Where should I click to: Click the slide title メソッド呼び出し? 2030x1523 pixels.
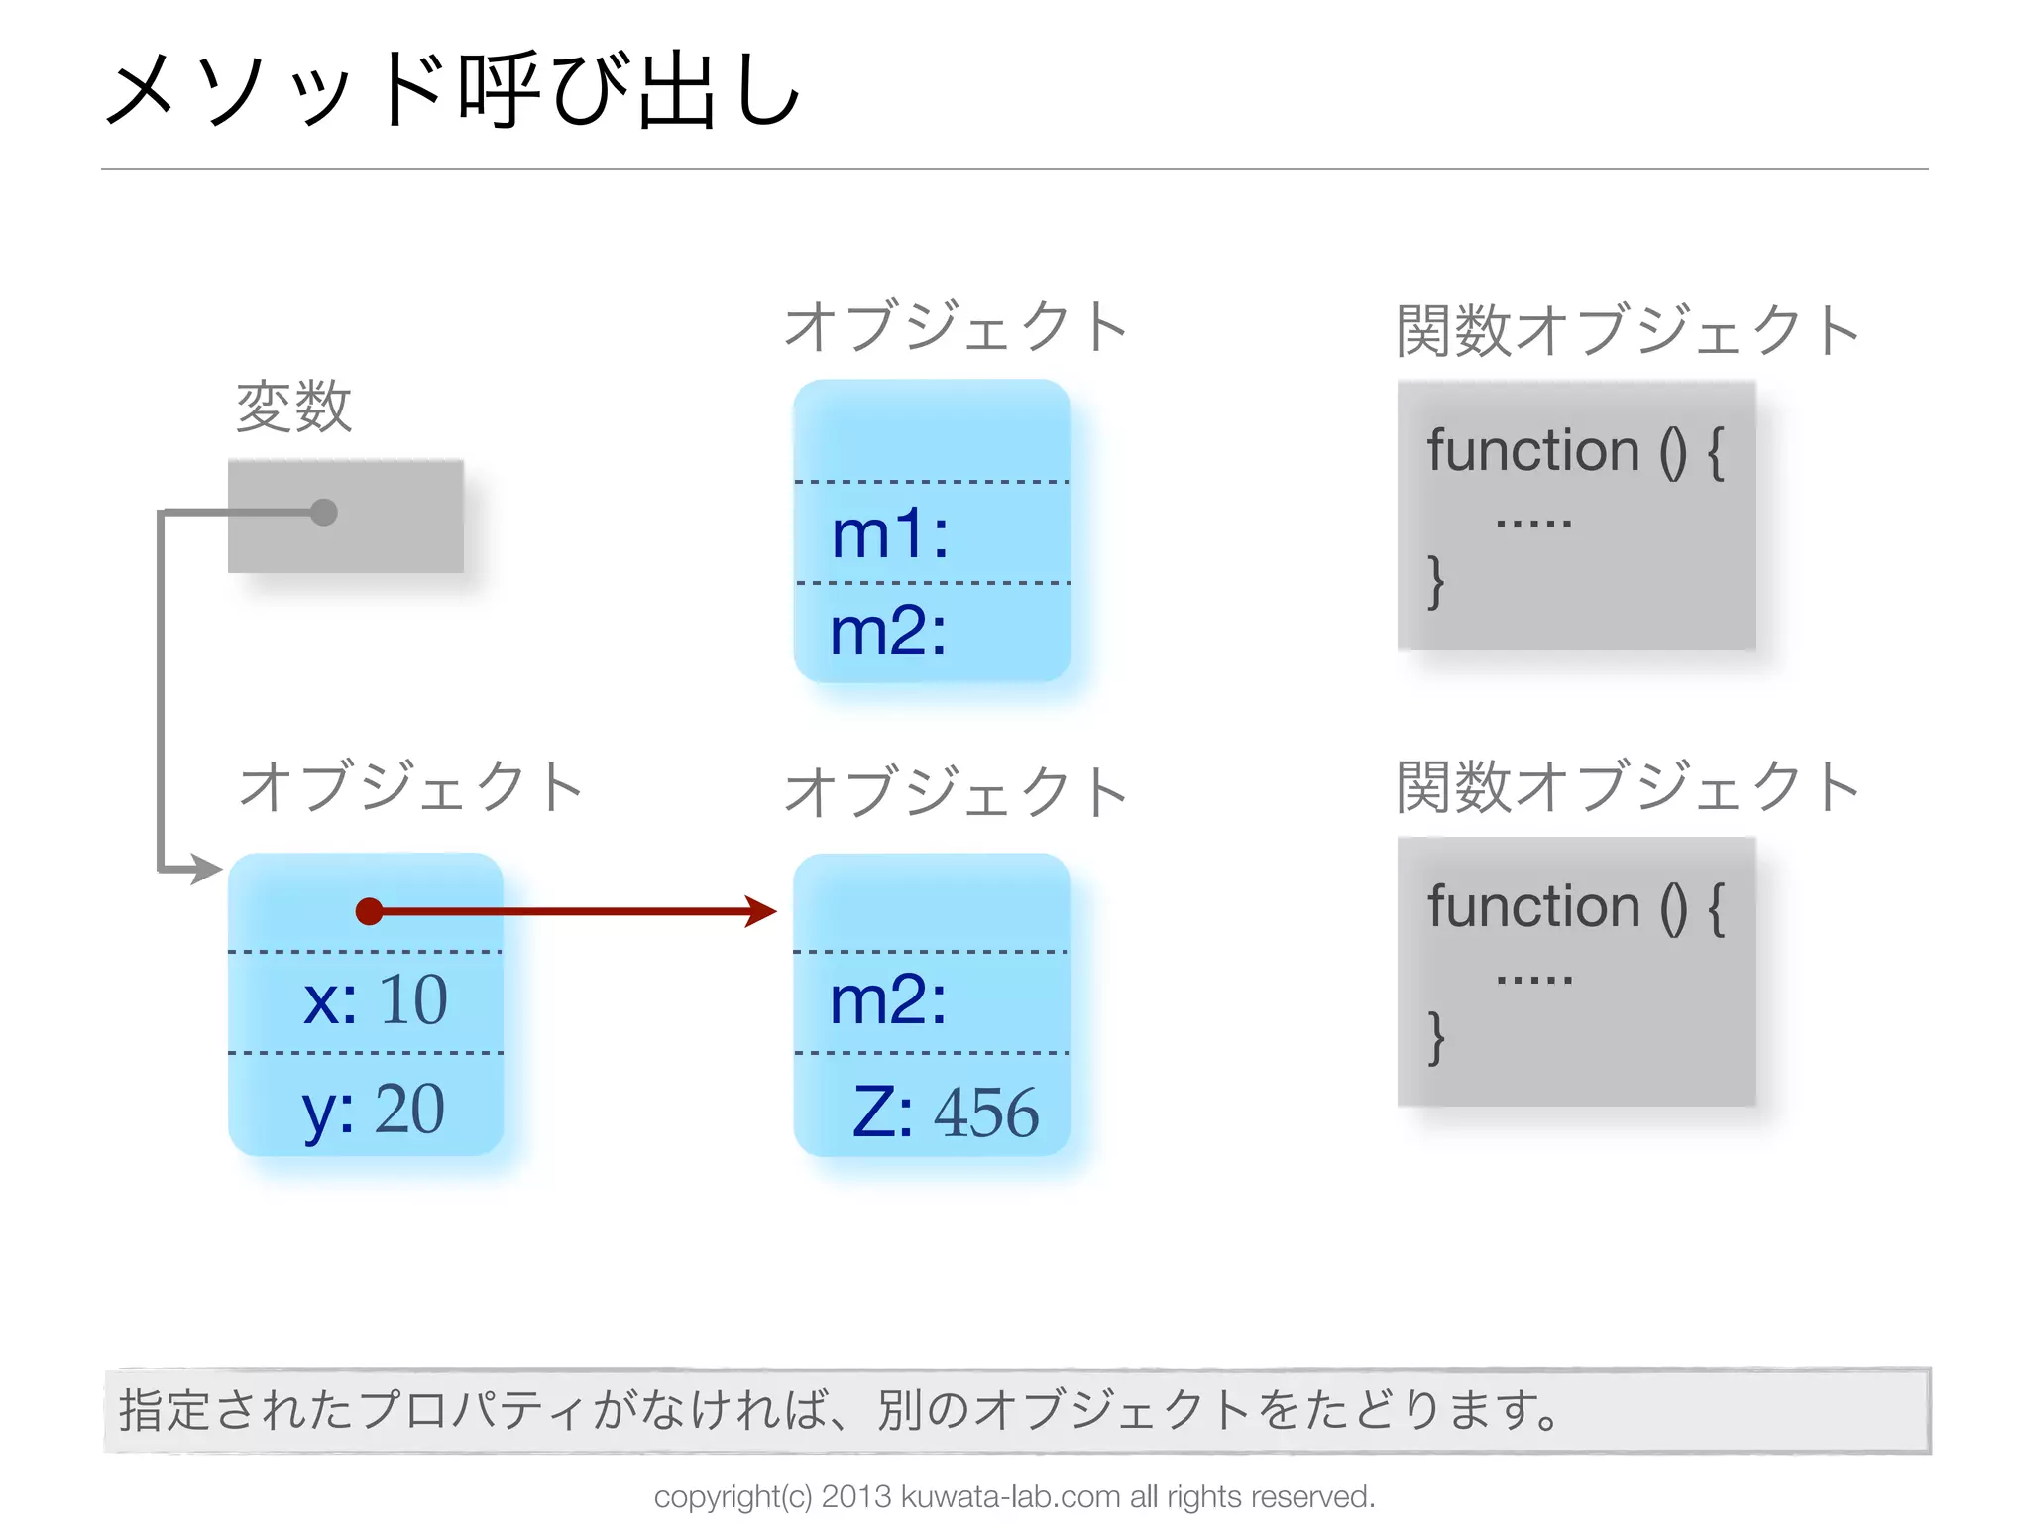pyautogui.click(x=452, y=91)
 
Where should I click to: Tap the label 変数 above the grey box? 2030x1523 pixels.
pyautogui.click(x=293, y=407)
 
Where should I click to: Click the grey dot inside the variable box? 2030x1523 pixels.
pyautogui.click(x=324, y=513)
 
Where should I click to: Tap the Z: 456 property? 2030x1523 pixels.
pyautogui.click(x=945, y=1112)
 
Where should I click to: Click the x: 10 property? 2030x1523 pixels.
pyautogui.click(x=375, y=999)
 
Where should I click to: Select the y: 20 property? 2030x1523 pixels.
pyautogui.click(x=373, y=1109)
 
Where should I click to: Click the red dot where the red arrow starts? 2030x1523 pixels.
pyautogui.click(x=369, y=911)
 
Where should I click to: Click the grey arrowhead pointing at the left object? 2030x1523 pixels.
pyautogui.click(x=206, y=870)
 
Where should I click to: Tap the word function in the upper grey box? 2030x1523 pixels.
pyautogui.click(x=1533, y=451)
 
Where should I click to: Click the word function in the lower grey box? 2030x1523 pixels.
pyautogui.click(x=1533, y=907)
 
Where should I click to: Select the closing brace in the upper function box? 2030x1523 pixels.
pyautogui.click(x=1435, y=581)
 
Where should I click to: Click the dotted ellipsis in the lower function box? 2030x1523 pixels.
pyautogui.click(x=1533, y=980)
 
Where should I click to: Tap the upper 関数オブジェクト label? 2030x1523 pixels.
pyautogui.click(x=1627, y=330)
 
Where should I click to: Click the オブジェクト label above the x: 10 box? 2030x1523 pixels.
pyautogui.click(x=411, y=787)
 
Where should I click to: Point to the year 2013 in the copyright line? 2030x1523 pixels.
pyautogui.click(x=856, y=1496)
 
